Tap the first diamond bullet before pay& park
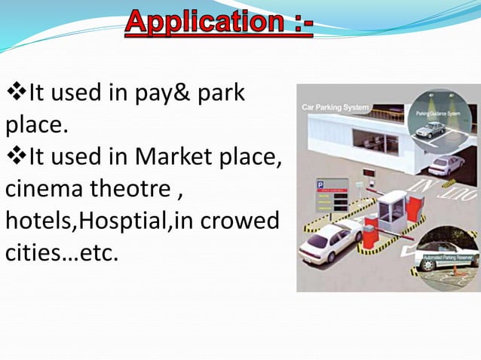[x=16, y=96]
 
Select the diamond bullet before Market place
[x=16, y=157]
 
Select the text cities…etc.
[x=62, y=251]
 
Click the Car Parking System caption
[x=335, y=108]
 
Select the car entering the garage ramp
[x=447, y=162]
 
